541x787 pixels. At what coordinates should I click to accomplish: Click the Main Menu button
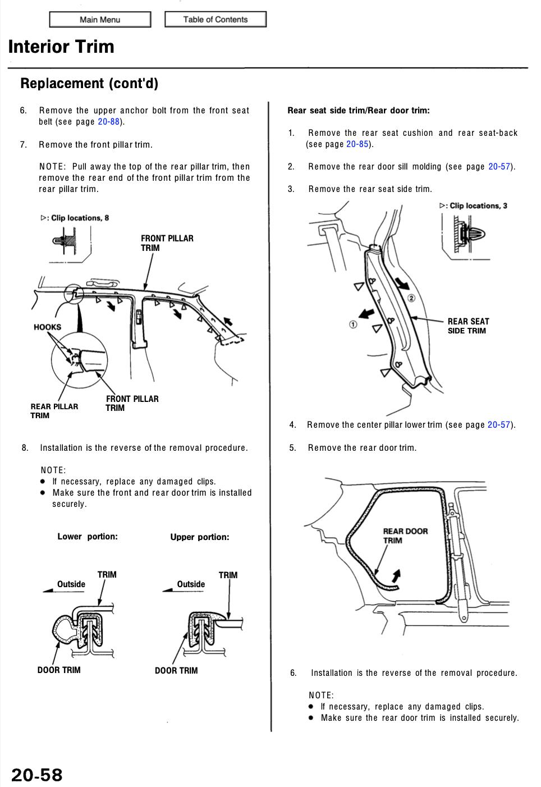[100, 20]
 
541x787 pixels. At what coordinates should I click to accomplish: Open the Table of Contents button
[215, 19]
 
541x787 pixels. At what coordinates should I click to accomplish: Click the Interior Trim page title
[61, 47]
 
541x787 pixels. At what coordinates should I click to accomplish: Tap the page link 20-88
[108, 122]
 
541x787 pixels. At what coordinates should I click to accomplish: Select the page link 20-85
[357, 144]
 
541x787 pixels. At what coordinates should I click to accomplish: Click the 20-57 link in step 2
[499, 167]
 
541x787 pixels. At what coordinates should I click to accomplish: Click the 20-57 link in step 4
[498, 425]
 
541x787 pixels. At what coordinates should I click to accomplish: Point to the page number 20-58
[37, 775]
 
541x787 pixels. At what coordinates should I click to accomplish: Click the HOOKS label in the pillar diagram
[48, 327]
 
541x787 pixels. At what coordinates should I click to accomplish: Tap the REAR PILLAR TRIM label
[54, 411]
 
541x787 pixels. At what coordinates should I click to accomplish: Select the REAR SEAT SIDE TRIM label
[468, 326]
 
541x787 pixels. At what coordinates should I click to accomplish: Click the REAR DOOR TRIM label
[405, 536]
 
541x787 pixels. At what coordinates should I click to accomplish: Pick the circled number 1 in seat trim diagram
[353, 324]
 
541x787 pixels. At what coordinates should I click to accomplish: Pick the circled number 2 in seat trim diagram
[411, 298]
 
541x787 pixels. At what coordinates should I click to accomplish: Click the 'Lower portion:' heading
[88, 537]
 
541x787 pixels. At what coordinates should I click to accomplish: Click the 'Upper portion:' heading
[200, 537]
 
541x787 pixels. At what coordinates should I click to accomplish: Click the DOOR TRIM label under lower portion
[59, 670]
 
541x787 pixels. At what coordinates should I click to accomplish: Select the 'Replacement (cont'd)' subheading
[89, 84]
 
